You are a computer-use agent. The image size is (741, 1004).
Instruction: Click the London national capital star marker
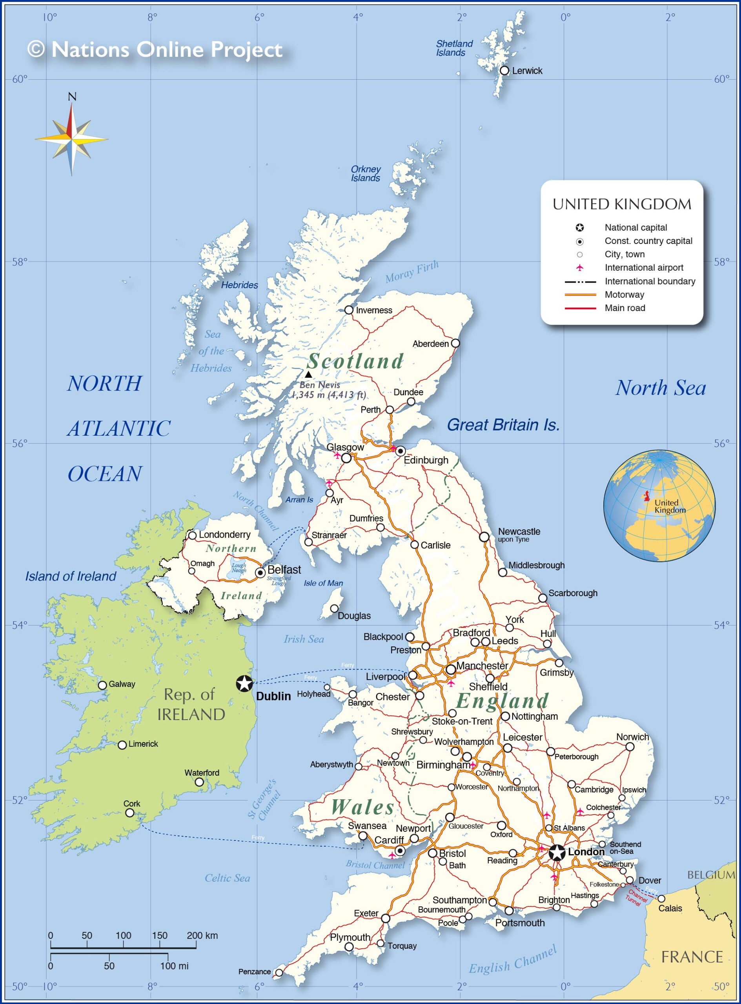click(557, 853)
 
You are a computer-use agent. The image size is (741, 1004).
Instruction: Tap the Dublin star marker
click(244, 684)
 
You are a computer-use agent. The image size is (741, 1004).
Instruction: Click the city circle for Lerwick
click(504, 71)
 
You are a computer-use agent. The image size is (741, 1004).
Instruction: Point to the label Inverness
click(374, 310)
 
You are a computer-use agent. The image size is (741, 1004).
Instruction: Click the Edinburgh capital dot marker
click(400, 451)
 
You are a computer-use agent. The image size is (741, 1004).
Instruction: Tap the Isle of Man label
click(323, 583)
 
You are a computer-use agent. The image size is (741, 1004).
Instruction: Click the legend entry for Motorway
click(624, 295)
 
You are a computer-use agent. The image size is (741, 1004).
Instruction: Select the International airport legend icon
click(579, 268)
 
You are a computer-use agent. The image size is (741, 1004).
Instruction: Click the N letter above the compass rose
click(72, 96)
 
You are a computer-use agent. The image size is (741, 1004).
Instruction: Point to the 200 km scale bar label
click(202, 935)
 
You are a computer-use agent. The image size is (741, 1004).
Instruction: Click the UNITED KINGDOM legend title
click(622, 204)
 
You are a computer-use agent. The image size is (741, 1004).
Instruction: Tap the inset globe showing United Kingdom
click(659, 506)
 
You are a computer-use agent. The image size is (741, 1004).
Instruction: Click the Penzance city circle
click(279, 973)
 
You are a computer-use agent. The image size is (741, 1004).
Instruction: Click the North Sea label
click(660, 388)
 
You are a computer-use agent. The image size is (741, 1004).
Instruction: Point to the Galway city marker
click(102, 685)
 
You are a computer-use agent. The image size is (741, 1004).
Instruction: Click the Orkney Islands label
click(365, 173)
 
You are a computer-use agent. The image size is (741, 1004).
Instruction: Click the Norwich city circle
click(630, 747)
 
